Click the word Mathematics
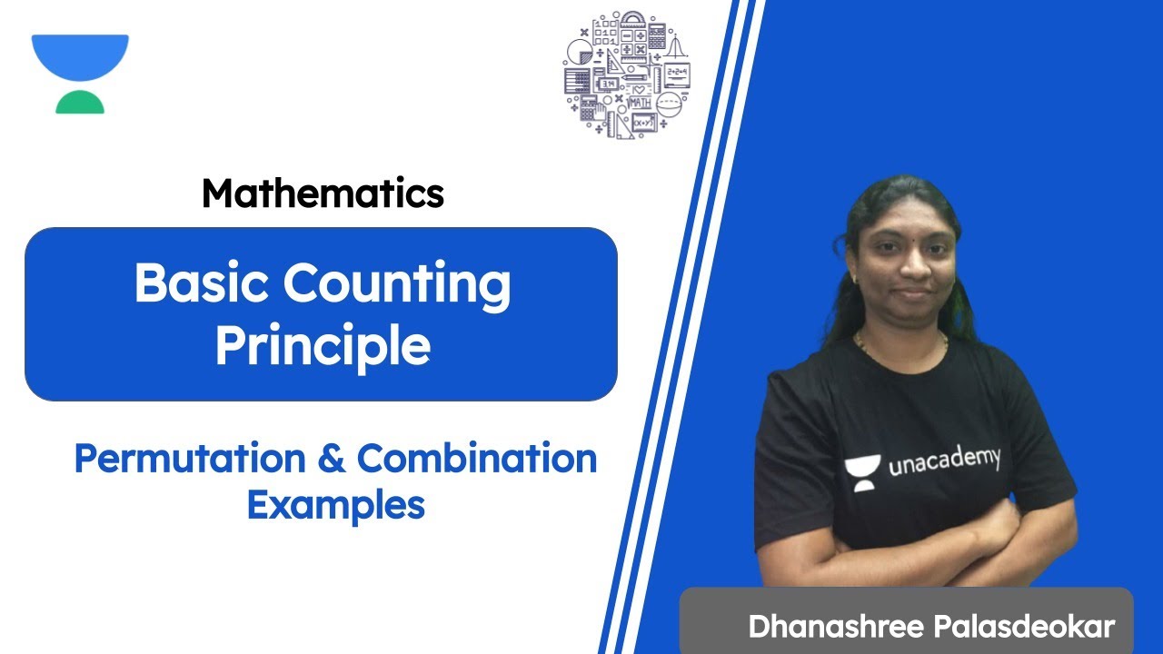coord(323,193)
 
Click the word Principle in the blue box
coord(323,347)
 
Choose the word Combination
coord(476,460)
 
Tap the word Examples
coord(335,505)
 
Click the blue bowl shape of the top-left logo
coord(80,56)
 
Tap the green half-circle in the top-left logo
coord(80,103)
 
